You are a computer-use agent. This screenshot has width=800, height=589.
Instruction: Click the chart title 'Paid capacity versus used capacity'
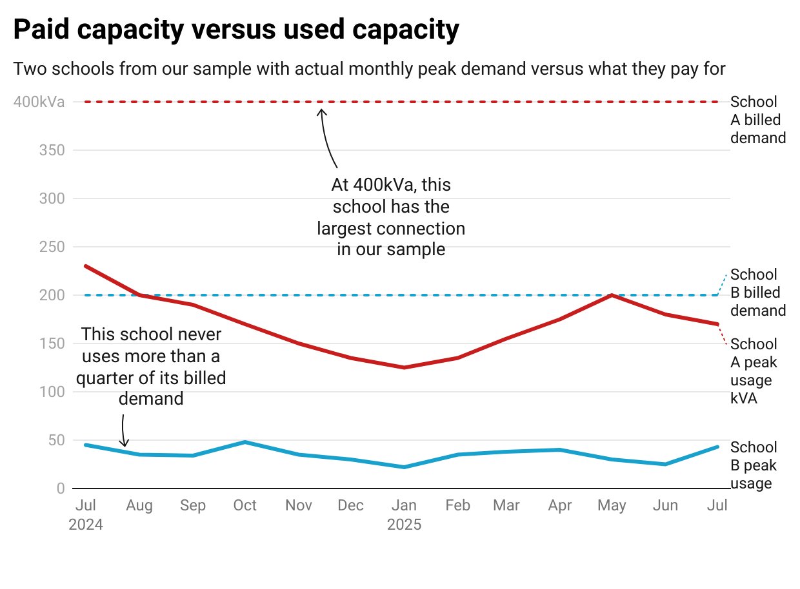[x=236, y=30]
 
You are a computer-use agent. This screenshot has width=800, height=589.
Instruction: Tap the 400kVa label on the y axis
[x=39, y=102]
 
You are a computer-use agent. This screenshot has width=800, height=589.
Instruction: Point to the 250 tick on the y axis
[x=52, y=247]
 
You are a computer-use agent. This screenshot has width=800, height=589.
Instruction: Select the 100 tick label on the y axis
[x=52, y=392]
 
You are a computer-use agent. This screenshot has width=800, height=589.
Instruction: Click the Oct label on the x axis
[x=245, y=505]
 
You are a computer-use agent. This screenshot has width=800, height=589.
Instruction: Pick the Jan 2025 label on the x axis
[x=405, y=514]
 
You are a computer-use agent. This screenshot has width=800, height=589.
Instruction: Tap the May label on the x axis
[x=612, y=505]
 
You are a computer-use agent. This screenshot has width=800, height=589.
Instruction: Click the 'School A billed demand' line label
[x=757, y=120]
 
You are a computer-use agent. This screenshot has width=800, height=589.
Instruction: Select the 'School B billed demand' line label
[x=757, y=293]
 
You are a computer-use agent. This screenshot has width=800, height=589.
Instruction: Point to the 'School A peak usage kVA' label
[x=754, y=371]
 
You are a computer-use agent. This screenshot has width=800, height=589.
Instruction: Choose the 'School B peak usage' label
[x=753, y=465]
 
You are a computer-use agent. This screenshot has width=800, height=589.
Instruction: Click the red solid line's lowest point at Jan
[x=405, y=367]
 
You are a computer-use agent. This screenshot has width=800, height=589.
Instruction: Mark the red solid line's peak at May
[x=612, y=295]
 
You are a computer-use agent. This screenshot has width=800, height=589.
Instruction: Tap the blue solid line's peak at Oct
[x=245, y=442]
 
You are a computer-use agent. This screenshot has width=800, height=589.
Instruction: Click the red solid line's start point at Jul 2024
[x=86, y=266]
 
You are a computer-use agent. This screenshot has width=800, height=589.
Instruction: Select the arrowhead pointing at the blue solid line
[x=125, y=444]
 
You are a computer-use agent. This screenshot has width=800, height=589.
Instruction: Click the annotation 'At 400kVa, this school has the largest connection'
[x=390, y=217]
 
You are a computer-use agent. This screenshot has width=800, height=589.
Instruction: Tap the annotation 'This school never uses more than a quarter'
[x=151, y=367]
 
